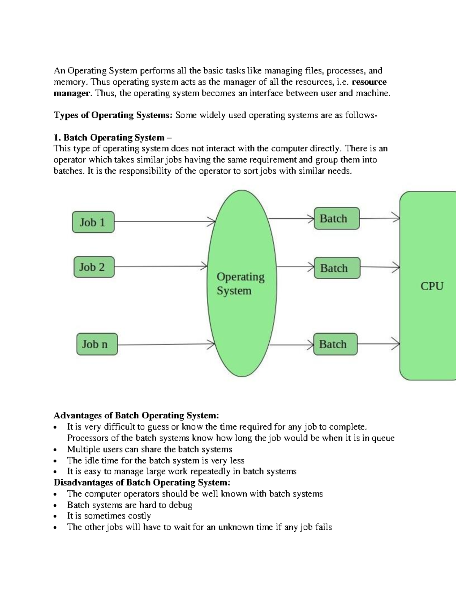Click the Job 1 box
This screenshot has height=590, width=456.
click(x=93, y=222)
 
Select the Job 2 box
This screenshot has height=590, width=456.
click(x=94, y=267)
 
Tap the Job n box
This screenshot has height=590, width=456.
click(x=97, y=344)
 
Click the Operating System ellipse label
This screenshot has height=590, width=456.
click(x=240, y=283)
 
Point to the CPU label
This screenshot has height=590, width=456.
click(x=432, y=286)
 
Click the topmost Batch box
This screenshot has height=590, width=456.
click(x=336, y=218)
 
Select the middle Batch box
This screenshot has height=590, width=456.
click(x=337, y=268)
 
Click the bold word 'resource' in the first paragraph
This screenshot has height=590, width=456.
click(x=369, y=82)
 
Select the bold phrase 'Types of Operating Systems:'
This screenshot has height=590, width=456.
click(x=113, y=115)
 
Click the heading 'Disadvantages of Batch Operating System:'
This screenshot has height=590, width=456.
click(x=142, y=482)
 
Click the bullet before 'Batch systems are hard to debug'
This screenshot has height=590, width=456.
click(x=56, y=506)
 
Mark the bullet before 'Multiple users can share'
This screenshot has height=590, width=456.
click(x=56, y=450)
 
